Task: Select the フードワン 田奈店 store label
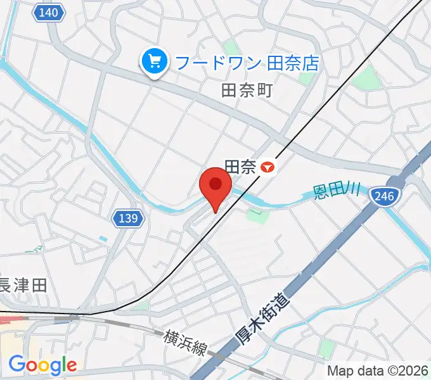pos(247,63)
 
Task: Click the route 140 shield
pos(49,12)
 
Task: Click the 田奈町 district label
pos(247,90)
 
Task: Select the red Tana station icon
pos(269,167)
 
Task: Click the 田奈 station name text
pos(240,167)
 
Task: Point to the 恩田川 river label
pos(337,191)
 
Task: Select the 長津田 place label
pos(23,285)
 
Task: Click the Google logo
pos(42,364)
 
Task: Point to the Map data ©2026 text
pos(376,370)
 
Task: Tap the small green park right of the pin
pos(257,215)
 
